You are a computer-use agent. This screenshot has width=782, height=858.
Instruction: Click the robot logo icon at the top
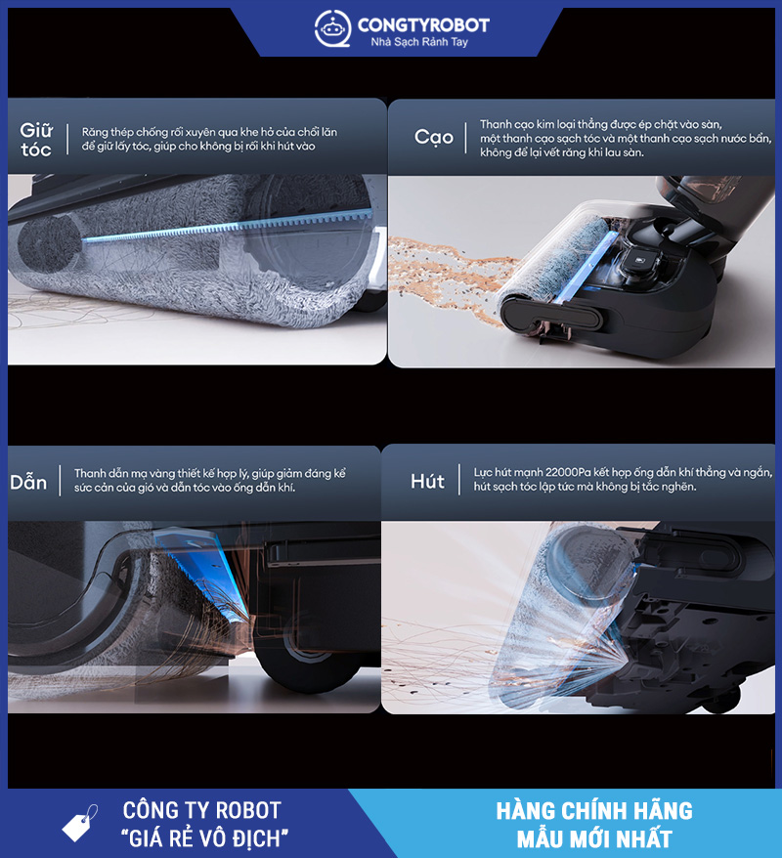pos(332,28)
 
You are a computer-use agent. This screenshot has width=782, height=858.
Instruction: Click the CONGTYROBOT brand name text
pos(423,24)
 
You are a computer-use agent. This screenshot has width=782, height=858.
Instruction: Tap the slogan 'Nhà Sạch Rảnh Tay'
pos(419,42)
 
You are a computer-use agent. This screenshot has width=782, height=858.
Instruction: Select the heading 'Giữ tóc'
pos(36,140)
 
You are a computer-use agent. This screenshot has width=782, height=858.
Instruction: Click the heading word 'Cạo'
pos(433,137)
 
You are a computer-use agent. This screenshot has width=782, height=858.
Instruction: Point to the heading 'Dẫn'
pos(28,482)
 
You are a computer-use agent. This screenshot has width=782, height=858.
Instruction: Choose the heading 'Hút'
pos(427,481)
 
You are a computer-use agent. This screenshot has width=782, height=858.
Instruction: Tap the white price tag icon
pos(80,823)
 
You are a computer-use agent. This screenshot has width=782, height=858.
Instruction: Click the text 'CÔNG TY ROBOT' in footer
pos(201,810)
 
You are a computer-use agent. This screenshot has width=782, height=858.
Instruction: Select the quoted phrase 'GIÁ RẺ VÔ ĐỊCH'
pos(204,838)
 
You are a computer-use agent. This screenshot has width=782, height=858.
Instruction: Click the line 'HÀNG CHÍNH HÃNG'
pos(594,811)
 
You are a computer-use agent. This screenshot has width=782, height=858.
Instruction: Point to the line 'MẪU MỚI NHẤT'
pos(594,838)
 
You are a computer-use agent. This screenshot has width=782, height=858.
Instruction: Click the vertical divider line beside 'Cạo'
pos(465,139)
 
